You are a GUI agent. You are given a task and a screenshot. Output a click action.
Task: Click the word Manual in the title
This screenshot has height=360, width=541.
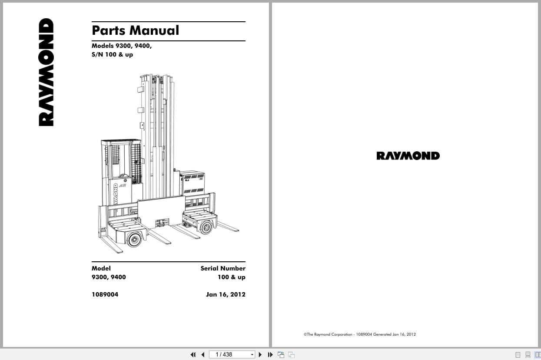click(x=154, y=30)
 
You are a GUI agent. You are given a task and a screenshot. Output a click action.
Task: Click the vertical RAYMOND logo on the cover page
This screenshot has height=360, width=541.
click(x=46, y=72)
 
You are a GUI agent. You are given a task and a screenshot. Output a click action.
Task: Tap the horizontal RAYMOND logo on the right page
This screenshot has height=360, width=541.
click(x=408, y=156)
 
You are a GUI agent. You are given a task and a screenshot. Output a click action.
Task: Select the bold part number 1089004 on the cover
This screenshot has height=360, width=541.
click(x=105, y=294)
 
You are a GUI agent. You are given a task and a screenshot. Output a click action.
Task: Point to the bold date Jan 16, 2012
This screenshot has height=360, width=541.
click(x=226, y=294)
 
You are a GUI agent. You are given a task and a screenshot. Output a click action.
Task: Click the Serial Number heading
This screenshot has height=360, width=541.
click(x=223, y=268)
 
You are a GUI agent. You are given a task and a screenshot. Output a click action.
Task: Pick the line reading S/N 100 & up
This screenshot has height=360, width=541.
click(x=112, y=55)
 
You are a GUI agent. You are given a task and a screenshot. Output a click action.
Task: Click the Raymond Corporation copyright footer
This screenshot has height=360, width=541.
click(x=360, y=334)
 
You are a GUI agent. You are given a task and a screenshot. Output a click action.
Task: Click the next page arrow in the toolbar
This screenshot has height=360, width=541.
click(x=260, y=354)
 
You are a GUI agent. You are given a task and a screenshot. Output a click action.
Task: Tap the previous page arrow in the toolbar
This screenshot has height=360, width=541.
click(x=203, y=354)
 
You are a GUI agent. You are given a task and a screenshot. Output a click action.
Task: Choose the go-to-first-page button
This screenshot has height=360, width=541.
click(x=193, y=354)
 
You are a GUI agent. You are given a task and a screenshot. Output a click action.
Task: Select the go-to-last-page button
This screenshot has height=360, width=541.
click(x=270, y=354)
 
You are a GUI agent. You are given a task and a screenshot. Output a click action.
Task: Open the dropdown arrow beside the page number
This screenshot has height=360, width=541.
click(x=252, y=354)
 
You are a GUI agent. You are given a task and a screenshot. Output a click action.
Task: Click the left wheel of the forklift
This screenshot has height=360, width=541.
click(x=134, y=240)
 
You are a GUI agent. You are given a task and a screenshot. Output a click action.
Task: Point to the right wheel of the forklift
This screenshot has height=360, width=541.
click(x=206, y=227)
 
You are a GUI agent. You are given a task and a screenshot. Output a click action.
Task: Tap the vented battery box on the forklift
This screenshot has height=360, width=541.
click(x=192, y=183)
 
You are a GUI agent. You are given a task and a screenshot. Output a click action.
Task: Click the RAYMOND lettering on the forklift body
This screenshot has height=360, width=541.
click(x=116, y=194)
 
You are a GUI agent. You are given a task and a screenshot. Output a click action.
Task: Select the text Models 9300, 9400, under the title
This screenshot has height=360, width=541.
click(x=122, y=46)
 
